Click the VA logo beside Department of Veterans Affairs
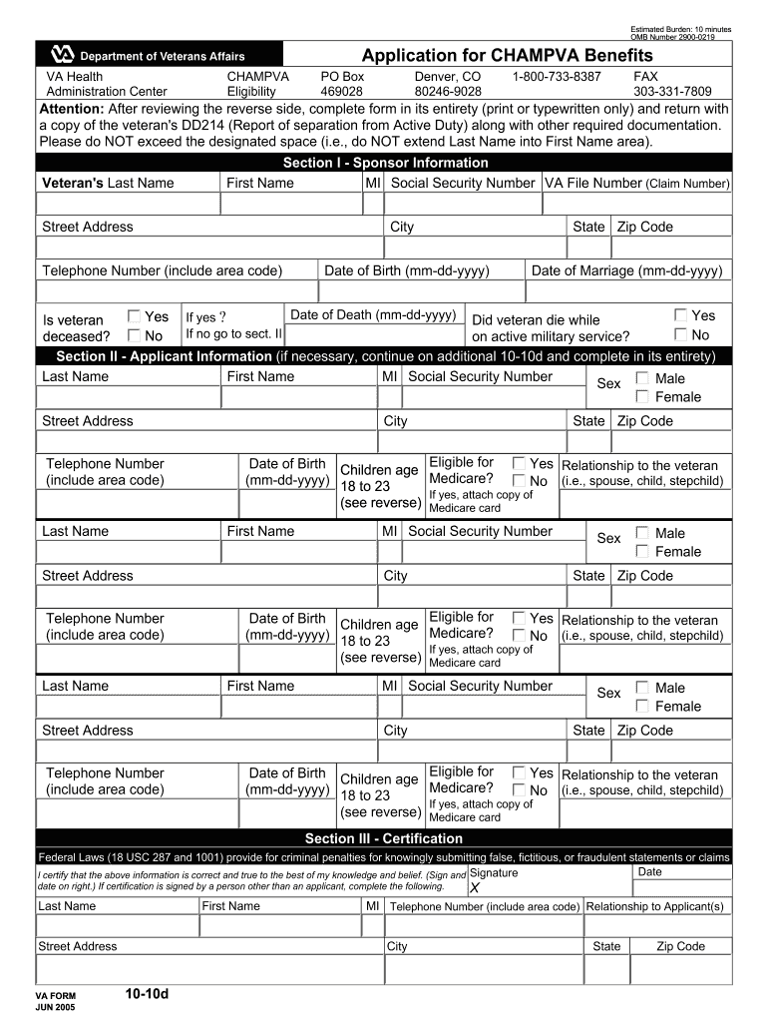61,56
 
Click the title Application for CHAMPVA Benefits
507,55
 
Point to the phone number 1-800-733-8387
557,76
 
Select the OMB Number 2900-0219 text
681,37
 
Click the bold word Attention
71,108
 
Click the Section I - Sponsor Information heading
385,163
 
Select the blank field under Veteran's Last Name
128,205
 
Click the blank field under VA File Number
636,205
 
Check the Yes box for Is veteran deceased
135,316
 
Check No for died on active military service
681,335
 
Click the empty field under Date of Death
374,334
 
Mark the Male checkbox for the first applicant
642,378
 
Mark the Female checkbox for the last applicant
642,707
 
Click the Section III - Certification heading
384,838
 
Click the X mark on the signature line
475,888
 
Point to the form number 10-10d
148,994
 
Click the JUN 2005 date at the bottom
55,1008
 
